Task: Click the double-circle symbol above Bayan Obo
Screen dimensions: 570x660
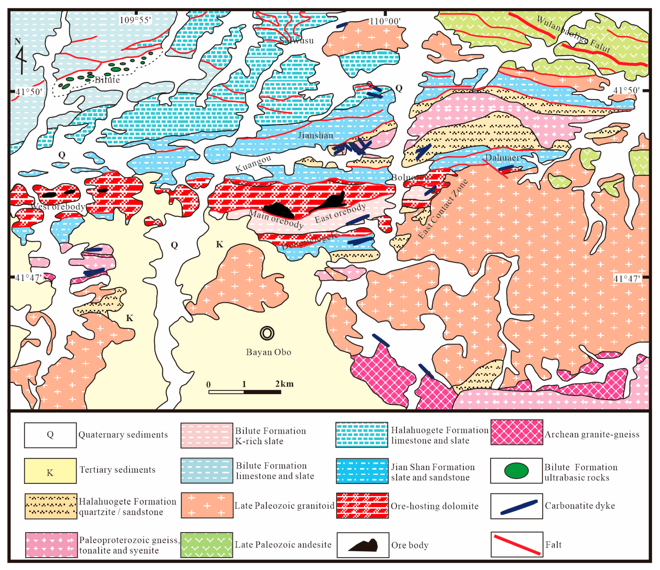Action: click(267, 333)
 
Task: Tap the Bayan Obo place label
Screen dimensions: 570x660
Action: click(269, 352)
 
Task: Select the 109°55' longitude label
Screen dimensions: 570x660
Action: click(135, 20)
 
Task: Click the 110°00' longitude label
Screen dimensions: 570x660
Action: click(385, 21)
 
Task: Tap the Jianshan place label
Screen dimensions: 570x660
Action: click(315, 135)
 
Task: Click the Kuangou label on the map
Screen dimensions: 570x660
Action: click(253, 164)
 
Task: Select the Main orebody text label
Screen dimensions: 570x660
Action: click(276, 219)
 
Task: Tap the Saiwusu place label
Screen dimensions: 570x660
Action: click(296, 40)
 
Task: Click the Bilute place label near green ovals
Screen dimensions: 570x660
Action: click(107, 80)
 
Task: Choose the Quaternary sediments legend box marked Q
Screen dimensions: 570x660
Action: click(50, 435)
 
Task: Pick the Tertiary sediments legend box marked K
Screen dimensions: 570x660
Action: click(50, 471)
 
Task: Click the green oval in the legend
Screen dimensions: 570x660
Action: click(516, 471)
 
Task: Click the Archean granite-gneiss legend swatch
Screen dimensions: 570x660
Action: click(516, 432)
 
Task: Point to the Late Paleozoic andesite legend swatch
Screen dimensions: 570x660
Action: click(206, 545)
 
